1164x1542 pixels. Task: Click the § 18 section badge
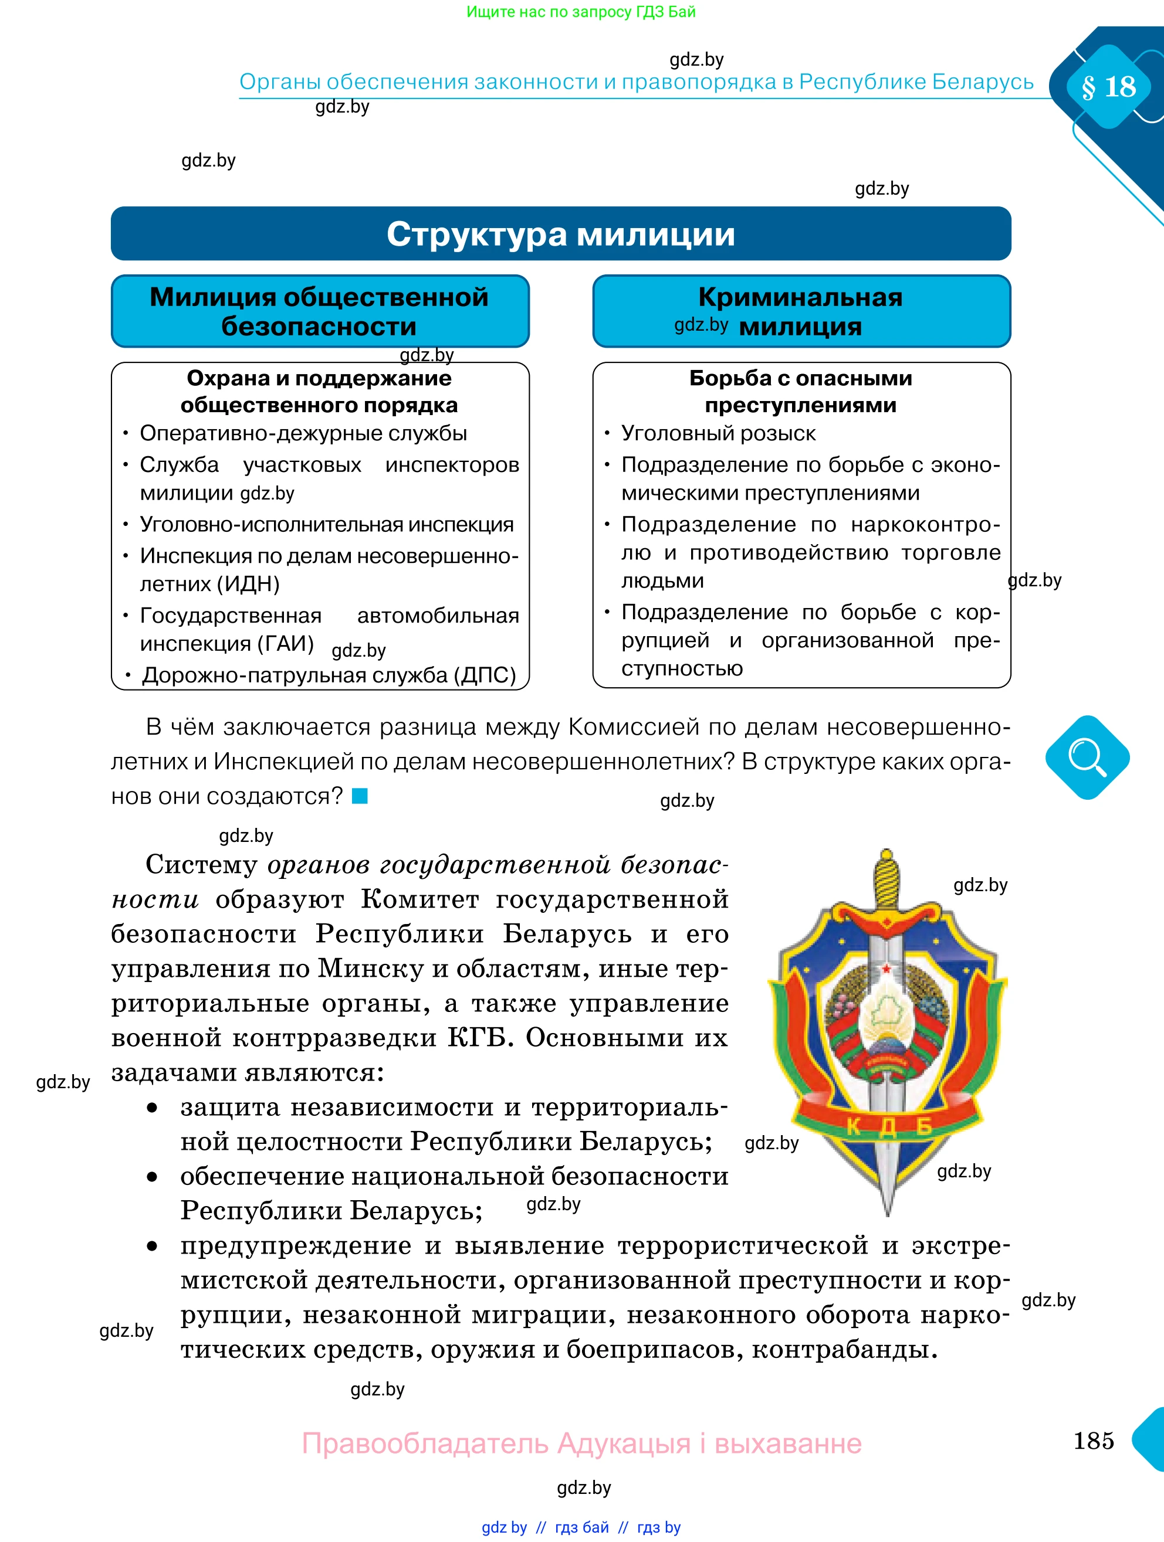[x=1108, y=86]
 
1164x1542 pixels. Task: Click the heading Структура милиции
[x=561, y=234]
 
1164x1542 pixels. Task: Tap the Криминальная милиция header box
[x=801, y=311]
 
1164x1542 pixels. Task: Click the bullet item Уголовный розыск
[x=718, y=434]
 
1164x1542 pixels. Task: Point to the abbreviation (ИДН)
[x=248, y=584]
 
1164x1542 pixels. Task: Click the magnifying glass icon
[x=1087, y=757]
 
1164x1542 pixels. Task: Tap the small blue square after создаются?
[x=359, y=796]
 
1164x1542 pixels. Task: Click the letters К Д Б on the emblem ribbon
[x=888, y=1127]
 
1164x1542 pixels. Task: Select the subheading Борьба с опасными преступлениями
[x=801, y=391]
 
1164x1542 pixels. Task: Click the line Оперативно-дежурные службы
[x=303, y=434]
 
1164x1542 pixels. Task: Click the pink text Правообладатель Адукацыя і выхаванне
[x=581, y=1443]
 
